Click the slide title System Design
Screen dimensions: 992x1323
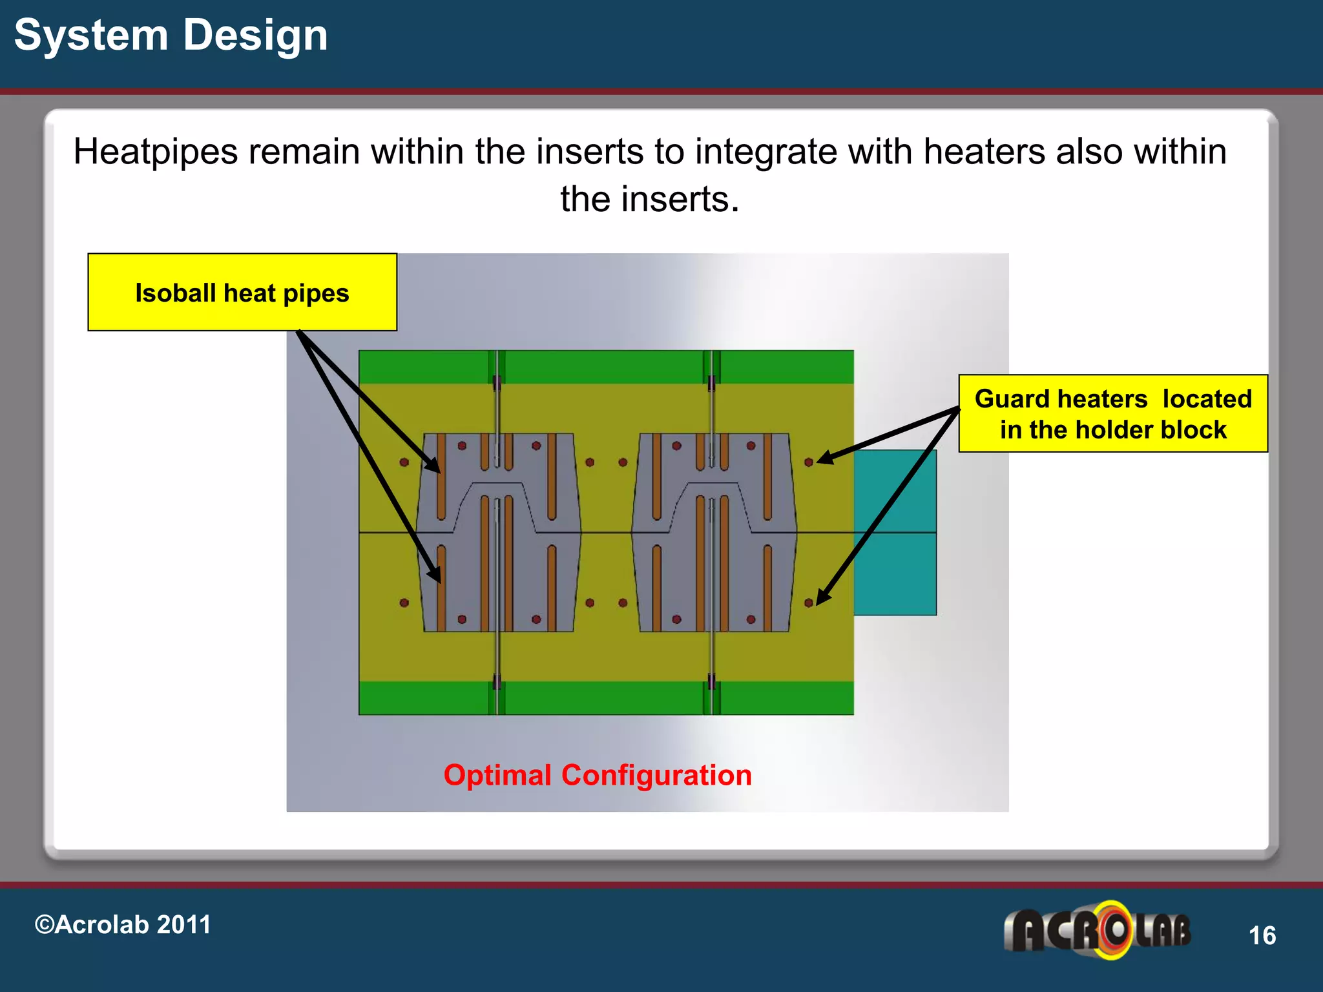[171, 36]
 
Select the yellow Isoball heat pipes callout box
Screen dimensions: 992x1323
[242, 293]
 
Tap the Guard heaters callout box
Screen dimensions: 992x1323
[1112, 414]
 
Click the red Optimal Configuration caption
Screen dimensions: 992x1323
[598, 775]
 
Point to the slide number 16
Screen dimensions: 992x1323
[1262, 936]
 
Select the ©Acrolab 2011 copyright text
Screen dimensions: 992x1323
[123, 925]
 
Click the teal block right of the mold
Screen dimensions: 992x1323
[895, 532]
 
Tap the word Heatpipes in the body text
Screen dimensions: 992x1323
[156, 152]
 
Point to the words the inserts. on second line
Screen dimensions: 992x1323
[649, 199]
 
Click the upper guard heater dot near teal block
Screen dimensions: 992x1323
[809, 462]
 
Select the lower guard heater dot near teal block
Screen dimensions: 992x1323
[809, 603]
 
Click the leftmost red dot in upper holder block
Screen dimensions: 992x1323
[404, 462]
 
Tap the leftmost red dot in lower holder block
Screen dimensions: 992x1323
[404, 603]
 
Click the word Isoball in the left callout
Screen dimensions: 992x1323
[175, 293]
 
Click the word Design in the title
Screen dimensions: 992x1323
[255, 36]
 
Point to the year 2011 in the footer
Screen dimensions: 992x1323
[183, 925]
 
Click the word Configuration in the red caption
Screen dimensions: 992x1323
[656, 775]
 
